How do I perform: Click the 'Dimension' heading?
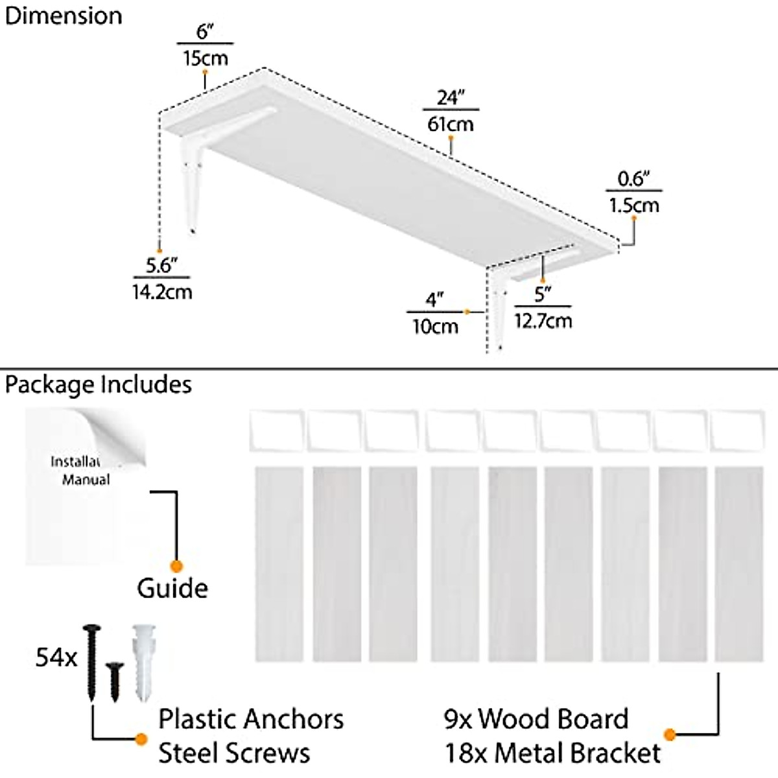64,16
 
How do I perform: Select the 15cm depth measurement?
205,58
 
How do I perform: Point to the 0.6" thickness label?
633,178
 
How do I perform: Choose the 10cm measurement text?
436,326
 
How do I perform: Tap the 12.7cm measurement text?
543,320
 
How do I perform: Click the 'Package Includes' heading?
99,384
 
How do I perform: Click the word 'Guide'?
172,588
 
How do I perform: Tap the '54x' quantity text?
56,658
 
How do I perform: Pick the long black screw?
91,661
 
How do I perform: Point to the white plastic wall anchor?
141,661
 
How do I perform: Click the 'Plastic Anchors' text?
251,719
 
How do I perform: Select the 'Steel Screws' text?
234,753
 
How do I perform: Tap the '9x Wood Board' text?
536,719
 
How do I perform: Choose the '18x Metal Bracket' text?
552,753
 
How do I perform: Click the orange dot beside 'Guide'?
176,566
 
